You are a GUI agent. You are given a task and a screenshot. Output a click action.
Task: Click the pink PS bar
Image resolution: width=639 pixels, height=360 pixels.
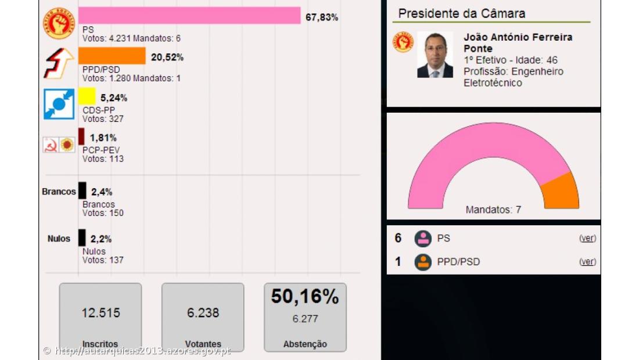pos(189,16)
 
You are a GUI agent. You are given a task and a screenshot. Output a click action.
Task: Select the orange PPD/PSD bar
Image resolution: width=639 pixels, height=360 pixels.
pos(112,56)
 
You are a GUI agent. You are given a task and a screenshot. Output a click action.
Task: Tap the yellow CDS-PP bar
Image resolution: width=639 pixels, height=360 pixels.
pos(87,96)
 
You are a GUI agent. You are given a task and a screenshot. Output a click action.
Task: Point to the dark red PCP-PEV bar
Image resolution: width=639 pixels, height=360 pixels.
pos(81,136)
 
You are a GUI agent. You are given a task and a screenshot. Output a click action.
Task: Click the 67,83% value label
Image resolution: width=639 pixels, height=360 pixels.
pos(322,17)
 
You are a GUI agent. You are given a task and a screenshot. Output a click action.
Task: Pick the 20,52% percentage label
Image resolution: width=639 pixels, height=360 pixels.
pos(167,57)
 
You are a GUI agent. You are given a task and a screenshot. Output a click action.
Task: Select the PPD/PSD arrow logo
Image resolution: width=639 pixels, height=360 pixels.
pos(59,63)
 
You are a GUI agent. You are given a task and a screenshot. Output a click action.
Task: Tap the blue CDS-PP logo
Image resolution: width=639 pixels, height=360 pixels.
pos(59,104)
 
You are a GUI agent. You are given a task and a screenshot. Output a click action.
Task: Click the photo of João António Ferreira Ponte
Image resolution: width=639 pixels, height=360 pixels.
pos(435,55)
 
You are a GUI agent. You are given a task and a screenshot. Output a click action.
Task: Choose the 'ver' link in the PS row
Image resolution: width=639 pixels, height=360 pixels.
pos(587,238)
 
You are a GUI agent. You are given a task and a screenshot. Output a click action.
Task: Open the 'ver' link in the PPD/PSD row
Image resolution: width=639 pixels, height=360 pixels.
pos(587,262)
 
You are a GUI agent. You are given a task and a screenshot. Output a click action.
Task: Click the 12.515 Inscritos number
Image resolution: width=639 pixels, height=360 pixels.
pos(100,313)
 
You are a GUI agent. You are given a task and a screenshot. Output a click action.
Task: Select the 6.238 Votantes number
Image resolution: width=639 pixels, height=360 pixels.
pos(203,313)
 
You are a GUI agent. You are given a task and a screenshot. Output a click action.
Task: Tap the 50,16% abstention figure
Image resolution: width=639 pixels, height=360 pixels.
pos(305,297)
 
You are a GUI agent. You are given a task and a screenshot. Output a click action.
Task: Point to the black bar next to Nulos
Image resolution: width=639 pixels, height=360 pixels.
pos(82,237)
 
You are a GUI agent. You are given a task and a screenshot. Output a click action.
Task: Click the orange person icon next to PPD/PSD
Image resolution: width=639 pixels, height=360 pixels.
pos(423,262)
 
